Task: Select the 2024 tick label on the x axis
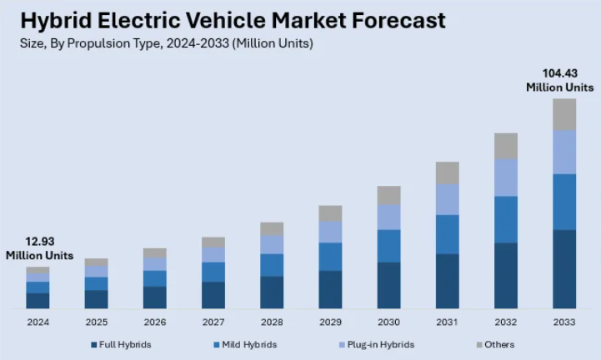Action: pos(38,322)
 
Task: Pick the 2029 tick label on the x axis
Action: pos(330,322)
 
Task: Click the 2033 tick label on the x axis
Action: pos(564,322)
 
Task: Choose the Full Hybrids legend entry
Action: pos(120,344)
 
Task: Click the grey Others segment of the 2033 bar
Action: pos(564,114)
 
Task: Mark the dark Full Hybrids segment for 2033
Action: pos(564,269)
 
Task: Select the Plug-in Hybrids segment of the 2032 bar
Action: pos(506,177)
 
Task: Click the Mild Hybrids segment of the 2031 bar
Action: pos(448,234)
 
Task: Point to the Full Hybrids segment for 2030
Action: pos(388,286)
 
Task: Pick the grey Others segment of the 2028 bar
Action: pos(272,228)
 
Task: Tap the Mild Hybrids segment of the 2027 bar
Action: pos(213,272)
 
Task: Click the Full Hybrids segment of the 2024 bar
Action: pos(38,301)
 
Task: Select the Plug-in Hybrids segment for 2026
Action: pos(155,263)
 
